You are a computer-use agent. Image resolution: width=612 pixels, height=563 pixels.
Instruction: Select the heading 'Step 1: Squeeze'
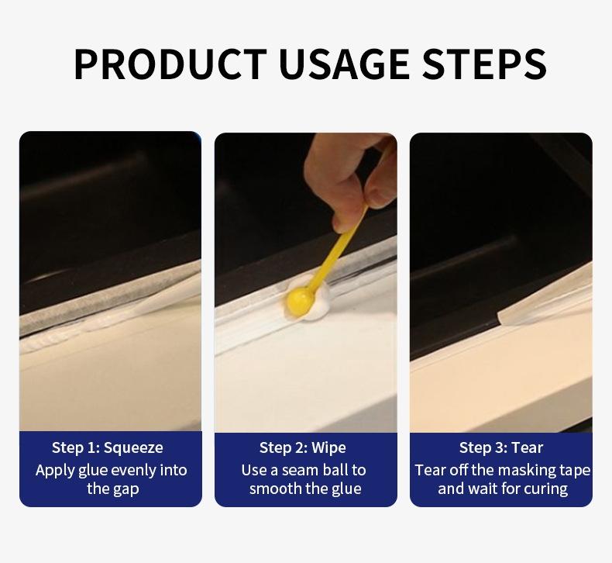coord(108,447)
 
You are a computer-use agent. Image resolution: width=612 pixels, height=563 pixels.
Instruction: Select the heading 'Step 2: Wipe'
coord(303,447)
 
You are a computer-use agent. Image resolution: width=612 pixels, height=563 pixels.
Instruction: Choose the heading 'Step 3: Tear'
coord(501,447)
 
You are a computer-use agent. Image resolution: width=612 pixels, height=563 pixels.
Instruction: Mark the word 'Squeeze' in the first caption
coord(133,447)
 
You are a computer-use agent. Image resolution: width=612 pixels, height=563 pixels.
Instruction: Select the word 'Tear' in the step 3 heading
coord(528,447)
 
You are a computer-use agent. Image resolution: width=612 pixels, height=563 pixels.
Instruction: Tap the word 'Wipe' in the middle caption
coord(328,447)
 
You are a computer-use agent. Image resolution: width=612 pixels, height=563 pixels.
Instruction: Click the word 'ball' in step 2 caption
coord(339,470)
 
